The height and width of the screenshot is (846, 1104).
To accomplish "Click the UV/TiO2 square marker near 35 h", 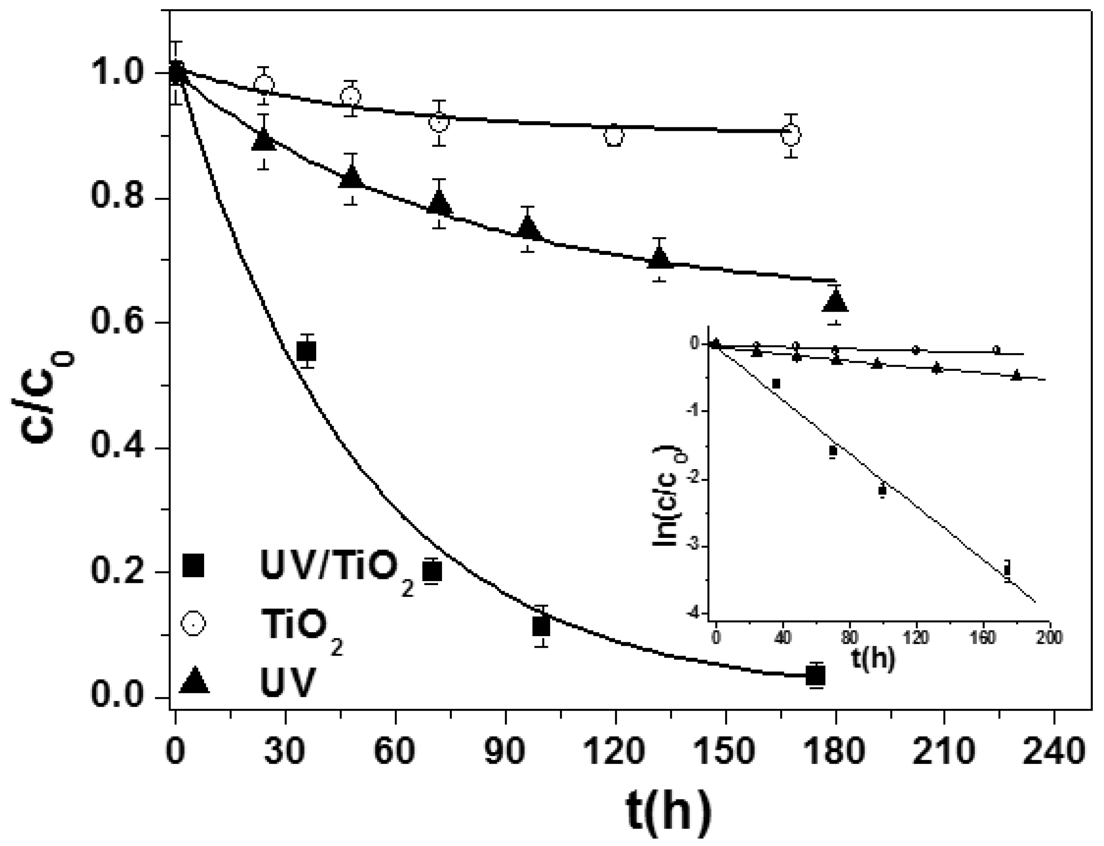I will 307,351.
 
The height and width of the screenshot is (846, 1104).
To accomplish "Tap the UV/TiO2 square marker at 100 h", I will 541,627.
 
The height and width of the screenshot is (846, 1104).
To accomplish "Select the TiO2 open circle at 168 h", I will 791,135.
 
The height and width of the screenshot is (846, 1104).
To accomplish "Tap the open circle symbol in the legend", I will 193,624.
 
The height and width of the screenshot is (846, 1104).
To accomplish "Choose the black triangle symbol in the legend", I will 194,682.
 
